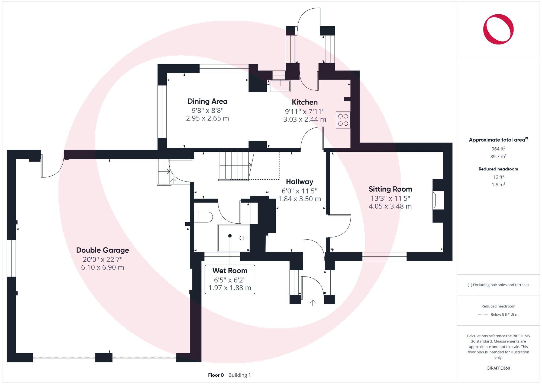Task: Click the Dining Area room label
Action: pos(207,101)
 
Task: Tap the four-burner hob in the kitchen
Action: pos(343,120)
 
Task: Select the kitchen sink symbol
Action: pos(280,86)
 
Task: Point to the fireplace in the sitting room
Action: pos(438,200)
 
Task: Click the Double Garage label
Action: pos(102,250)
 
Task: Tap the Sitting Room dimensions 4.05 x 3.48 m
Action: pos(390,206)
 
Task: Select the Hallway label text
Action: pos(299,182)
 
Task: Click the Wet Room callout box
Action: pos(230,279)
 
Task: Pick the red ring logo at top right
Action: pos(498,29)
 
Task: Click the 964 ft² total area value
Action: pos(498,149)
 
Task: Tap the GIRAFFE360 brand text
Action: pos(498,368)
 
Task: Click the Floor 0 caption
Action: pos(216,375)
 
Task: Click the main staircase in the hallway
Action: pos(235,166)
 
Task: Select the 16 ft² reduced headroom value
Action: pos(498,177)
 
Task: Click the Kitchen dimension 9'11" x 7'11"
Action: pos(305,111)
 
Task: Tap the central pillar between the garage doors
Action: pos(104,357)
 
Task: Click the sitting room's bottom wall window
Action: pos(384,256)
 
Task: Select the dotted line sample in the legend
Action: pos(483,315)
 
